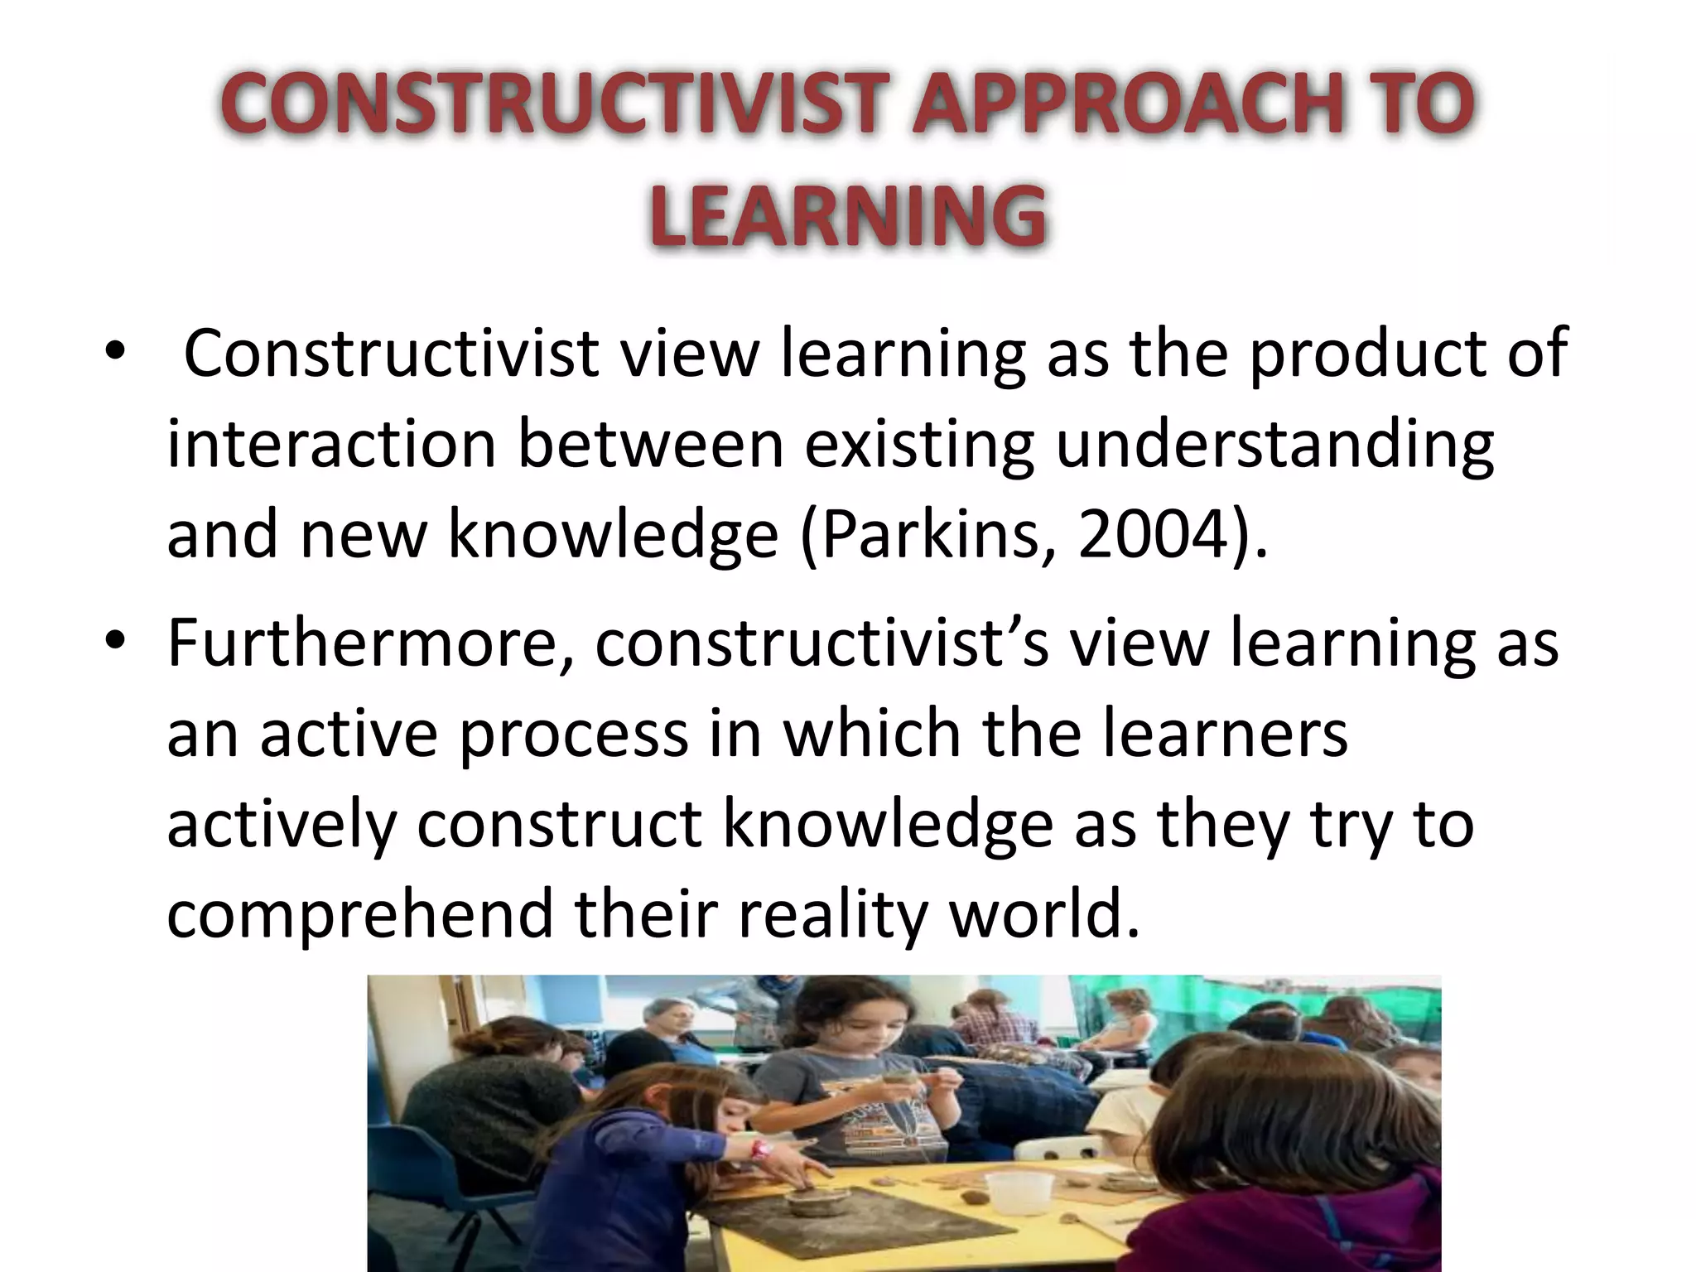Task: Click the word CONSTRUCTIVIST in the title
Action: click(x=551, y=105)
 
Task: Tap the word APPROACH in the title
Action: click(x=1125, y=105)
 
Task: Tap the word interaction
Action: click(x=331, y=444)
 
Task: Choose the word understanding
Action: click(x=1275, y=444)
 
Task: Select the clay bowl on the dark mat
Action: click(x=812, y=1200)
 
